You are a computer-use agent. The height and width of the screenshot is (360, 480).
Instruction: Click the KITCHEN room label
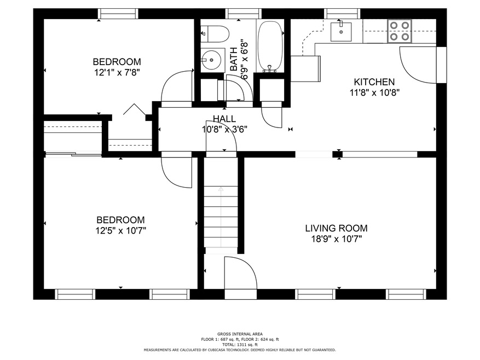coord(374,82)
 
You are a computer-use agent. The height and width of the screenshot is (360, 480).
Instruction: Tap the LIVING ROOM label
coord(337,228)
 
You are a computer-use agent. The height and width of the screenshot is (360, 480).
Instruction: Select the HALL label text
coord(224,119)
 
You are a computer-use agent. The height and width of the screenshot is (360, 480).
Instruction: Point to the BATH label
coord(233,59)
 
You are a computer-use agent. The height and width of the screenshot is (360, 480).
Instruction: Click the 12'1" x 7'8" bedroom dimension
coord(117,73)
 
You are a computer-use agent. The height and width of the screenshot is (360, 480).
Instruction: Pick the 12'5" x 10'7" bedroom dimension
coord(120,230)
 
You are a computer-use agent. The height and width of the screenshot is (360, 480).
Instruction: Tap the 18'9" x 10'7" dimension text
coord(337,239)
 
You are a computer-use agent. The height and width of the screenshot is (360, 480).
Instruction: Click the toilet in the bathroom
coord(215,34)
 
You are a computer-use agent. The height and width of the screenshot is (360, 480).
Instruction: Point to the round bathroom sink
coord(211,60)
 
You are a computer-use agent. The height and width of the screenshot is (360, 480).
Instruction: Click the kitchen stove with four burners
coord(400,31)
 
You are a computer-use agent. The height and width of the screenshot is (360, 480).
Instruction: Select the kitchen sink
coord(341,32)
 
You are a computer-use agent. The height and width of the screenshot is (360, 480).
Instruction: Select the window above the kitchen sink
coord(342,14)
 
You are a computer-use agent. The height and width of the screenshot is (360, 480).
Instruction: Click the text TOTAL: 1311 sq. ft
coord(240,344)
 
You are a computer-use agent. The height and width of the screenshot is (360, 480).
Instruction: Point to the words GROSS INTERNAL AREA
coord(240,334)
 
